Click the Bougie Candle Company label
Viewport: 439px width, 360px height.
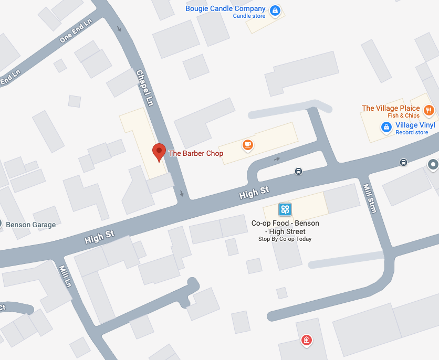(x=225, y=9)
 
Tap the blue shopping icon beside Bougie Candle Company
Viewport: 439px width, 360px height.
(x=275, y=10)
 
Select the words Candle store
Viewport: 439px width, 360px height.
(x=249, y=16)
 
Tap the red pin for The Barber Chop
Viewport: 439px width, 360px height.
(x=159, y=152)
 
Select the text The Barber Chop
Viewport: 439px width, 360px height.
(x=195, y=154)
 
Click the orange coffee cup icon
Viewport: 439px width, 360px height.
(x=248, y=144)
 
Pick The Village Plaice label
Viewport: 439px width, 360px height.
(x=391, y=109)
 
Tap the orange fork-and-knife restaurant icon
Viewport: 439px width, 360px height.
(x=429, y=110)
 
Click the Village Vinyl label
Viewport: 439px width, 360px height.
(x=415, y=125)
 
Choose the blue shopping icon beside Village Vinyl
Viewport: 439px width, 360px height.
(x=386, y=126)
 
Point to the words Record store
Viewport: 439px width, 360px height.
(x=412, y=133)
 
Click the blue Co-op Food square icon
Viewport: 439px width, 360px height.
(x=285, y=210)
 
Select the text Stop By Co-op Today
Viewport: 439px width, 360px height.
(x=285, y=239)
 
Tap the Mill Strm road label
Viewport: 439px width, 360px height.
(x=370, y=198)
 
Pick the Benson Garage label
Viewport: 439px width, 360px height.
(x=30, y=225)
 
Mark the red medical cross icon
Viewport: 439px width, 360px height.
(x=307, y=341)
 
